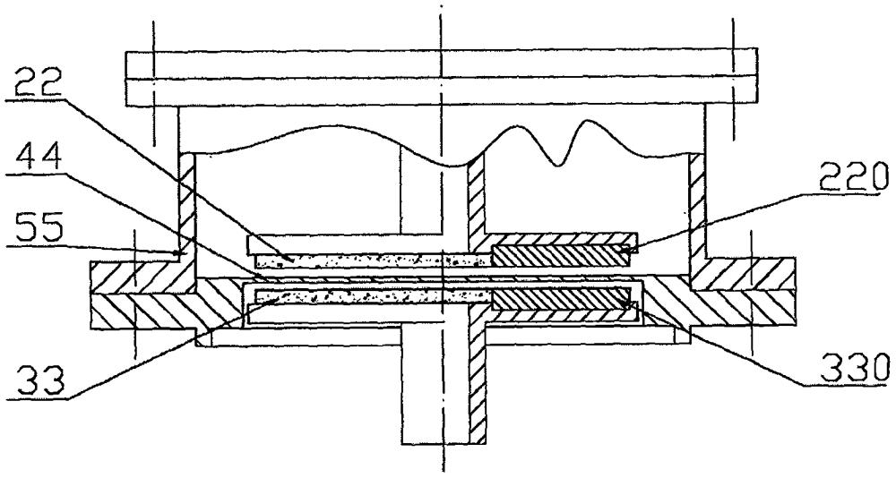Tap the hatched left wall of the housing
[x=187, y=206]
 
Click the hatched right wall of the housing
[x=696, y=206]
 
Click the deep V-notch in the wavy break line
[x=558, y=161]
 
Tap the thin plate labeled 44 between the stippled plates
[x=358, y=277]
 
